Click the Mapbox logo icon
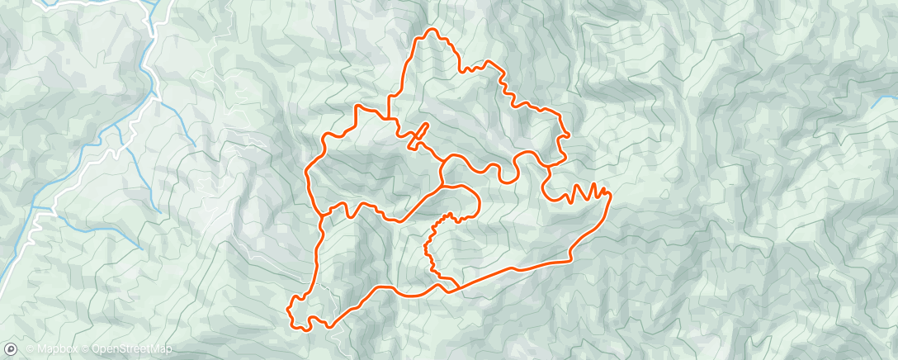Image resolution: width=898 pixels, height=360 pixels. (10, 350)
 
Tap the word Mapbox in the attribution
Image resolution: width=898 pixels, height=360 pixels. (54, 350)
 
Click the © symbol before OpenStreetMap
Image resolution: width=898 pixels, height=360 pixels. (85, 350)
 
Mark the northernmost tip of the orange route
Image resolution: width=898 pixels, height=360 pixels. (429, 31)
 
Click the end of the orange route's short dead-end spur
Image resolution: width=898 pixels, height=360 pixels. (427, 125)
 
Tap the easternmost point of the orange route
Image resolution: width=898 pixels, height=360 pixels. (610, 195)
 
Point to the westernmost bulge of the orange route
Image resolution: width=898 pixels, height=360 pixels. (307, 172)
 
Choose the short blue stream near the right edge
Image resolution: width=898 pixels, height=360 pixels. (882, 103)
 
